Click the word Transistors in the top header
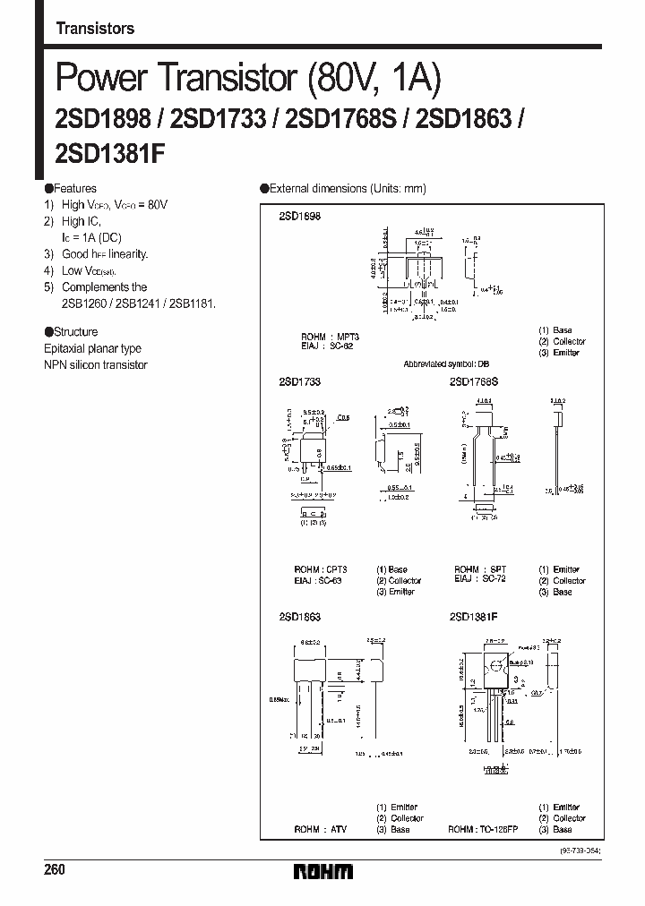click(x=95, y=29)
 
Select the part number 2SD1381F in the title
click(x=110, y=152)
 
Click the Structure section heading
click(x=75, y=332)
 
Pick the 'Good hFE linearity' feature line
click(x=105, y=254)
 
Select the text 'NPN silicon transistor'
click(x=95, y=365)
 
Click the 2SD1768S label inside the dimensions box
click(x=473, y=381)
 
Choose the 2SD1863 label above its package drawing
click(x=299, y=618)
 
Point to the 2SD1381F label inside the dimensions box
click(x=473, y=618)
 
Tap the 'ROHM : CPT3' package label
click(x=321, y=570)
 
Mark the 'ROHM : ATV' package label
click(x=319, y=829)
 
